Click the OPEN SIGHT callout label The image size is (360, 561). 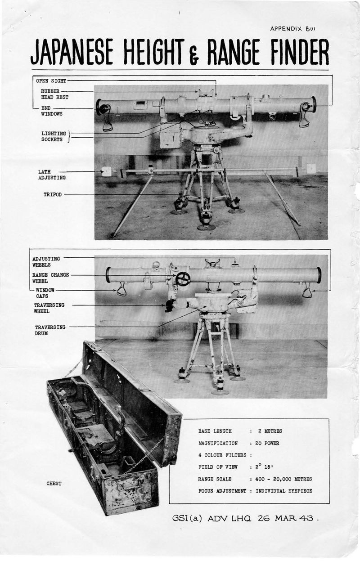(x=51, y=81)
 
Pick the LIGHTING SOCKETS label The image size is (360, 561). (x=54, y=136)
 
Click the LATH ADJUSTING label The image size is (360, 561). (x=52, y=175)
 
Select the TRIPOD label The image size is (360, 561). (x=52, y=194)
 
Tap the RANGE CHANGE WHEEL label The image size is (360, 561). (x=50, y=278)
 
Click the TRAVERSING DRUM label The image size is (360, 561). (x=50, y=330)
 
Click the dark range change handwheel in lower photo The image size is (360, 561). (x=183, y=279)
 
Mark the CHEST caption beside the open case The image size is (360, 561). (x=54, y=484)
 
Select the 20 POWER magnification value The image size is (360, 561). (x=267, y=443)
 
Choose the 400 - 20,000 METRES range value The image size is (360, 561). (x=283, y=479)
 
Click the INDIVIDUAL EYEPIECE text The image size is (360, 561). (x=284, y=491)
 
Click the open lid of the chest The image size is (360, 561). (x=135, y=396)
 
